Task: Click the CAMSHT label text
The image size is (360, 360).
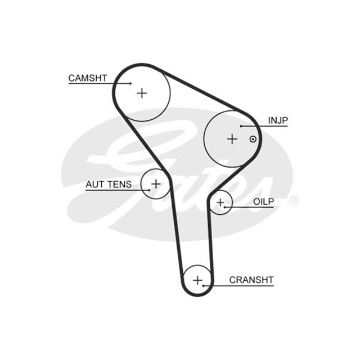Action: coord(88,78)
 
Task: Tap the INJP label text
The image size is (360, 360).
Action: coord(278,120)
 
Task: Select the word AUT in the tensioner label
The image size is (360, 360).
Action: coord(95,184)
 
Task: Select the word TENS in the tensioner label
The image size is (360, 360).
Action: coord(120,184)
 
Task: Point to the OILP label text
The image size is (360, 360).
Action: coord(264,202)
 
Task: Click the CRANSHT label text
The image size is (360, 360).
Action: coord(251,280)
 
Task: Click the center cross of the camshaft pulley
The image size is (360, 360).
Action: coord(142,93)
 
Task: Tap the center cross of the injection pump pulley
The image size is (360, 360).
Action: coord(232,139)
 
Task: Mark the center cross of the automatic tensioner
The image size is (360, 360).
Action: coord(156,184)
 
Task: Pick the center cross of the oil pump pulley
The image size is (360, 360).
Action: coord(220,202)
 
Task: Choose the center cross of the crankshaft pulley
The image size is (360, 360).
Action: coord(197,280)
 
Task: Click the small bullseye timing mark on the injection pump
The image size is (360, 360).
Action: coord(253,139)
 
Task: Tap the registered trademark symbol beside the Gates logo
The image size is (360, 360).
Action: coord(294,200)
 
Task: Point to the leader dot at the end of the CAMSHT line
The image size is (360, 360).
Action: coord(130,83)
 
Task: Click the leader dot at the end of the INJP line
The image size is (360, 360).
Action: coord(241,126)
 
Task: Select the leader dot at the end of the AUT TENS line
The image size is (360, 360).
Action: coord(149,190)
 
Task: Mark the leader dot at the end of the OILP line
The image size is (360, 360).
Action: coord(225,208)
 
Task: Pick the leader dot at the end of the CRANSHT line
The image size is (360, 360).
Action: coord(204,286)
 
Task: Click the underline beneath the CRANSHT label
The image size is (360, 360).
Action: coord(238,286)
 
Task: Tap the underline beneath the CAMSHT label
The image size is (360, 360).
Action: coord(100,83)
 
